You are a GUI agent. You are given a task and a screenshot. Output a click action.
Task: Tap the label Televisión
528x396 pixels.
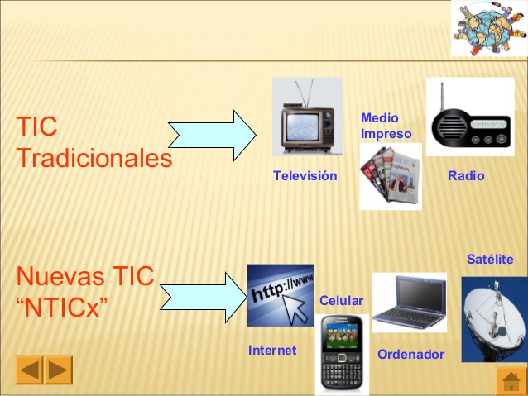pyautogui.click(x=305, y=176)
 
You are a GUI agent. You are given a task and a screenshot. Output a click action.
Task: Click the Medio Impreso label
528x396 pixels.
pyautogui.click(x=386, y=126)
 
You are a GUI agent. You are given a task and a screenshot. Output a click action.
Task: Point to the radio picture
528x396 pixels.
pyautogui.click(x=469, y=118)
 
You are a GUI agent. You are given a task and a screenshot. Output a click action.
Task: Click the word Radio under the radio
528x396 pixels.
pyautogui.click(x=466, y=176)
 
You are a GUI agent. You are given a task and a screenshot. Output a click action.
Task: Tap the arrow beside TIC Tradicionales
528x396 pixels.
pyautogui.click(x=213, y=135)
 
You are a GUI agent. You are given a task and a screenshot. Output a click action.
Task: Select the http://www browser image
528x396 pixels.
pyautogui.click(x=281, y=295)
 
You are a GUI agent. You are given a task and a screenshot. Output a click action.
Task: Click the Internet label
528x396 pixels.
pyautogui.click(x=272, y=351)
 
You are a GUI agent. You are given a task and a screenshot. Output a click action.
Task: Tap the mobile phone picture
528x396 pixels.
pyautogui.click(x=342, y=355)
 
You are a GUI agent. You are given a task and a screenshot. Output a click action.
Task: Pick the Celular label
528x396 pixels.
pyautogui.click(x=341, y=300)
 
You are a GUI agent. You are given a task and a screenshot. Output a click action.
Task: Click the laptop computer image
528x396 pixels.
pyautogui.click(x=409, y=303)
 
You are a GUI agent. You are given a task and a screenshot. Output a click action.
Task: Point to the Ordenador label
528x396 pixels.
pyautogui.click(x=410, y=355)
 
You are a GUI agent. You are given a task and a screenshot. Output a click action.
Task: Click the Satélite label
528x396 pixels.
pyautogui.click(x=490, y=260)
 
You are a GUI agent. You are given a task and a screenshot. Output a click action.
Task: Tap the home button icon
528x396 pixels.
pyautogui.click(x=511, y=380)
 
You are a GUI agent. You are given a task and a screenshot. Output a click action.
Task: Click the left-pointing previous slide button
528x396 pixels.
pyautogui.click(x=29, y=370)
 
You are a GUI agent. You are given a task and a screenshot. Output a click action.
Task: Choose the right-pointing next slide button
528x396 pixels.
pyautogui.click(x=58, y=370)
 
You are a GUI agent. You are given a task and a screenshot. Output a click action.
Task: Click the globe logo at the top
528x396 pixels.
pyautogui.click(x=488, y=27)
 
